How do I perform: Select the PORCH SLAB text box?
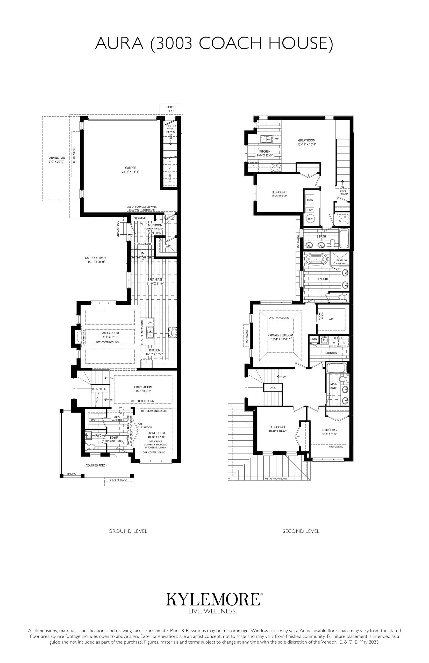[171, 109]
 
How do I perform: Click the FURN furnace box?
[310, 200]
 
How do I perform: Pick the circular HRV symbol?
[310, 219]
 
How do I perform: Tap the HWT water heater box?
[310, 210]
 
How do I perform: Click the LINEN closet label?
[314, 339]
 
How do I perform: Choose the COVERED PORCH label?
[96, 465]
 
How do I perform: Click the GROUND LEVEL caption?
[128, 531]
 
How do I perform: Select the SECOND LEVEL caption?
[301, 531]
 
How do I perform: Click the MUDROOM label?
[155, 225]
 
